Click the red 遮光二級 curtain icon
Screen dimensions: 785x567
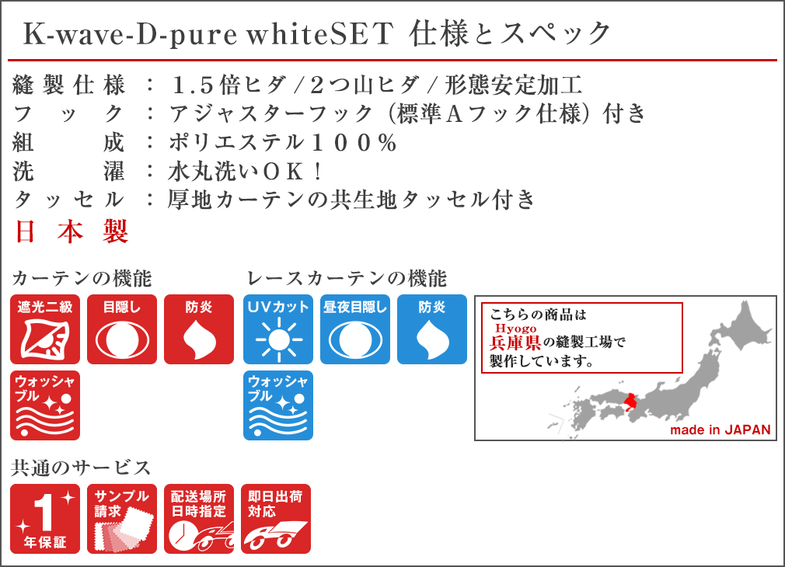pyautogui.click(x=45, y=329)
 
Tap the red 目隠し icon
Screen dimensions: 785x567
pyautogui.click(x=122, y=329)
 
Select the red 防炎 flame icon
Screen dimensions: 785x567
pyautogui.click(x=199, y=329)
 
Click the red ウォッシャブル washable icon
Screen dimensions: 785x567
pyautogui.click(x=45, y=405)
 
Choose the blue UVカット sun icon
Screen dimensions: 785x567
pyautogui.click(x=278, y=329)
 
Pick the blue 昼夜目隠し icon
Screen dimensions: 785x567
pyautogui.click(x=355, y=329)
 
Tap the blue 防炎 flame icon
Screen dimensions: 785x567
pyautogui.click(x=432, y=329)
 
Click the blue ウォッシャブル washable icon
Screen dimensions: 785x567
pyautogui.click(x=278, y=405)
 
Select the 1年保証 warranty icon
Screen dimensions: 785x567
pyautogui.click(x=45, y=519)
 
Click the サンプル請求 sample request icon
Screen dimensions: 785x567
pyautogui.click(x=122, y=519)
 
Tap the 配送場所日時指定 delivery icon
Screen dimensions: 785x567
pyautogui.click(x=199, y=519)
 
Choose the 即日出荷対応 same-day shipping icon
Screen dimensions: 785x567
pyautogui.click(x=276, y=519)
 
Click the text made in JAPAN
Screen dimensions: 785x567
pyautogui.click(x=720, y=430)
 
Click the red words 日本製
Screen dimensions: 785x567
pyautogui.click(x=72, y=231)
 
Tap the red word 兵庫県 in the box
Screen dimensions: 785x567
pyautogui.click(x=515, y=343)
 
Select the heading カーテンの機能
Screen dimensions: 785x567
pyautogui.click(x=81, y=279)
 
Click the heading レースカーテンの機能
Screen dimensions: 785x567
pyautogui.click(x=347, y=279)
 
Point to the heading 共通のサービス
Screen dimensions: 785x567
pyautogui.click(x=81, y=468)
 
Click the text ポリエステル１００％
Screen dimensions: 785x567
pyautogui.click(x=283, y=143)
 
